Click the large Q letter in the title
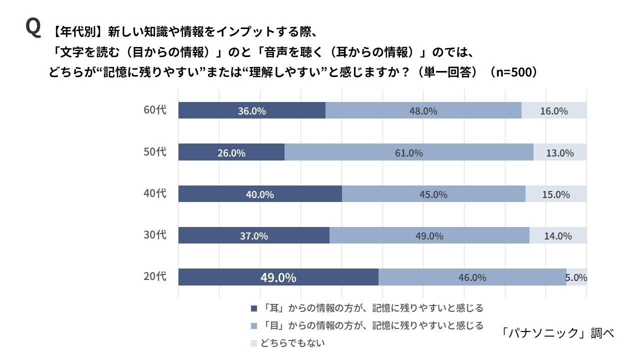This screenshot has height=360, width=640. (x=33, y=28)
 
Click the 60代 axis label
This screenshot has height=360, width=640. (x=155, y=110)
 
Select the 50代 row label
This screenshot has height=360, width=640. (x=155, y=152)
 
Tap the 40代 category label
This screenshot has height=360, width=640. (x=155, y=193)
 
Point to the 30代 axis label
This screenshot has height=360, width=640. (x=155, y=235)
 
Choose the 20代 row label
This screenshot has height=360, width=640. (x=155, y=276)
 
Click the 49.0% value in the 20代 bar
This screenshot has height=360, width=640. (x=278, y=277)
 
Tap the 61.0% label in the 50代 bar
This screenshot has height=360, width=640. (x=408, y=153)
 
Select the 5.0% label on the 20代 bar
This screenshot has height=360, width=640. (x=576, y=277)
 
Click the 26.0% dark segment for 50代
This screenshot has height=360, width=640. (x=231, y=152)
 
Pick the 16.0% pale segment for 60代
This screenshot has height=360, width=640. (x=553, y=110)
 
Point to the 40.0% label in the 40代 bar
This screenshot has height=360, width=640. (x=259, y=194)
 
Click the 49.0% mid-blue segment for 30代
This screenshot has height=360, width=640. (x=429, y=235)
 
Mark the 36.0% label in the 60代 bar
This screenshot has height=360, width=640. (x=251, y=111)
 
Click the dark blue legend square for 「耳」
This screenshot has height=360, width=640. (x=253, y=308)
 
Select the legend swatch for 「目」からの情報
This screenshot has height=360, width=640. (x=253, y=326)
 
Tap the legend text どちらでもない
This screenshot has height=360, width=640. (x=292, y=343)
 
